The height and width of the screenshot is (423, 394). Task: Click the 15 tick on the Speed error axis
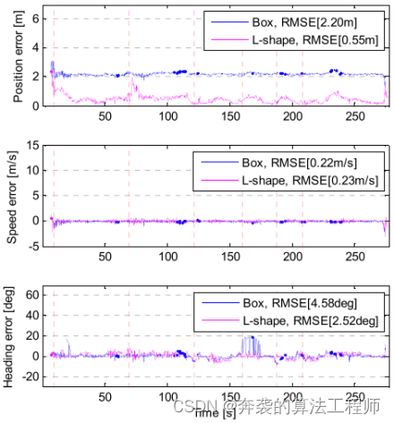coord(32,145)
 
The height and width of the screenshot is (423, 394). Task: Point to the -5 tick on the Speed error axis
coord(33,247)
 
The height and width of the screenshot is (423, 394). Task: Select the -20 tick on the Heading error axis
coord(30,376)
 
